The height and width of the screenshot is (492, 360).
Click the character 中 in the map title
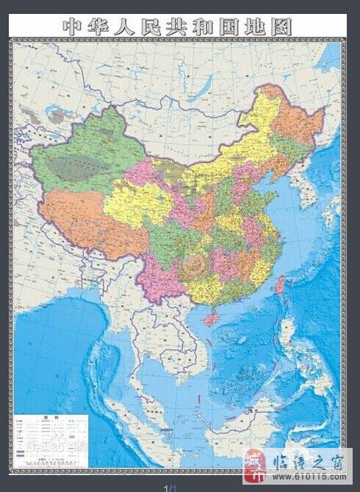tap(73, 26)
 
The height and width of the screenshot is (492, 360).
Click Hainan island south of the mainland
tap(212, 318)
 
